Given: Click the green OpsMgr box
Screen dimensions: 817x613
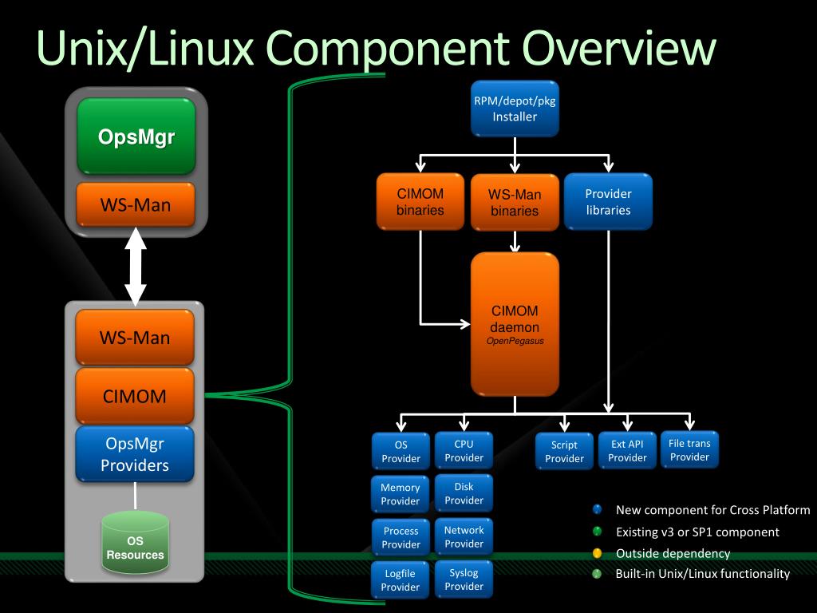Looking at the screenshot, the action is tap(136, 136).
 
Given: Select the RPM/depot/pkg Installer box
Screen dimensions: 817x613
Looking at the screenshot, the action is tap(515, 109).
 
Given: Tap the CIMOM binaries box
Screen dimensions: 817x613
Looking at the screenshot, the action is tap(420, 202).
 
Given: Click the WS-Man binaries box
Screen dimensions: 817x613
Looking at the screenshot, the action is tap(515, 202).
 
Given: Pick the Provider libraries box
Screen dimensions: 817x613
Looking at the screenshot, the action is tap(608, 202).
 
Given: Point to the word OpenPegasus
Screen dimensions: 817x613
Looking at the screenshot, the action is tap(515, 341).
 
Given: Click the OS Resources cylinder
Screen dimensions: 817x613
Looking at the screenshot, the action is tap(136, 543).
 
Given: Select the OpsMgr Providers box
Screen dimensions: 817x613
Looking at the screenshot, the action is tap(135, 454).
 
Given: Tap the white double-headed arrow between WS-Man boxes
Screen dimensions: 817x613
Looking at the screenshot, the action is tap(136, 267).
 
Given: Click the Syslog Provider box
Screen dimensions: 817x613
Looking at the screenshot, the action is tap(464, 579).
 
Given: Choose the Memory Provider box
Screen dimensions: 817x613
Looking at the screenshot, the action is tap(401, 494).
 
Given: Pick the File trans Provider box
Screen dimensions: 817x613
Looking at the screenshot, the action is tap(689, 450).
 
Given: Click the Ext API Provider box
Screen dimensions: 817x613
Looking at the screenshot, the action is tap(627, 451).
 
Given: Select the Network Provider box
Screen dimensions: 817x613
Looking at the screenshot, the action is tap(464, 537).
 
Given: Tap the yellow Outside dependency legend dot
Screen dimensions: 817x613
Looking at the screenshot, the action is tap(597, 553).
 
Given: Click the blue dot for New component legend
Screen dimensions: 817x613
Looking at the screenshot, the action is tap(597, 509).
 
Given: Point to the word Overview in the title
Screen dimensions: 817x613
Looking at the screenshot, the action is tap(619, 49).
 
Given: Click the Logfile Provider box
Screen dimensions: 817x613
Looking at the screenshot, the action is tap(401, 580).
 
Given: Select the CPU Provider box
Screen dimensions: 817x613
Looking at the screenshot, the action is tap(464, 451).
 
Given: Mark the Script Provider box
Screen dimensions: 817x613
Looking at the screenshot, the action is tap(564, 452).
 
